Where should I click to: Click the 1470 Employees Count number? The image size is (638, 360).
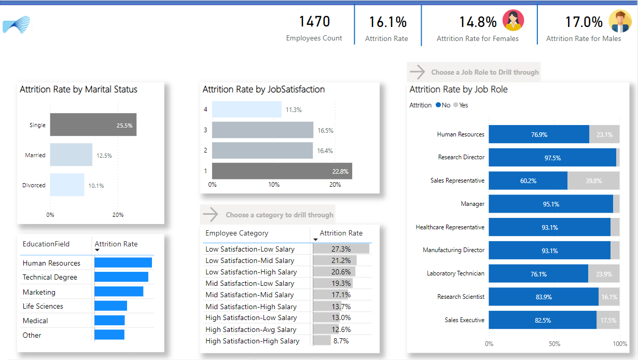pyautogui.click(x=314, y=22)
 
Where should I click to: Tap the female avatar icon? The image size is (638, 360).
pyautogui.click(x=513, y=21)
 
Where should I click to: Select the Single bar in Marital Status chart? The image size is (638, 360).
pyautogui.click(x=93, y=124)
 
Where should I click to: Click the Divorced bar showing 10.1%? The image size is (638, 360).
pyautogui.click(x=67, y=185)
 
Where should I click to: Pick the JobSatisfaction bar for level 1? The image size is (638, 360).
pyautogui.click(x=282, y=171)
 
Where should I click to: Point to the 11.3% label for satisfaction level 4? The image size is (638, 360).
pyautogui.click(x=294, y=109)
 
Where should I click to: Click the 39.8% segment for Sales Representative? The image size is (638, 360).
pyautogui.click(x=593, y=181)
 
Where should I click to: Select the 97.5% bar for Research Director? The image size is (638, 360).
pyautogui.click(x=552, y=157)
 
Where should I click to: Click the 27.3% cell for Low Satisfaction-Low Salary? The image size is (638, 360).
pyautogui.click(x=341, y=249)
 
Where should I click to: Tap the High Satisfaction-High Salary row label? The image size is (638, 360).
pyautogui.click(x=252, y=341)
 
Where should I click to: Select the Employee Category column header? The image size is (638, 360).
pyautogui.click(x=237, y=233)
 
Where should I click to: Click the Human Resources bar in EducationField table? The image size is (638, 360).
pyautogui.click(x=123, y=262)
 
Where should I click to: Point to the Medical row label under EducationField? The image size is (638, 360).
pyautogui.click(x=35, y=321)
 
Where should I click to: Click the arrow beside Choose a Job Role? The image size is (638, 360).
pyautogui.click(x=418, y=72)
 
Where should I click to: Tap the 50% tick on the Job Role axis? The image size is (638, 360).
pyautogui.click(x=554, y=344)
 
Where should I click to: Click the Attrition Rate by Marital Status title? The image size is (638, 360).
pyautogui.click(x=78, y=89)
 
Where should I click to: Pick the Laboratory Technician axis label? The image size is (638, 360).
pyautogui.click(x=455, y=273)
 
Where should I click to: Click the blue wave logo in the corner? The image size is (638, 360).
pyautogui.click(x=17, y=24)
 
